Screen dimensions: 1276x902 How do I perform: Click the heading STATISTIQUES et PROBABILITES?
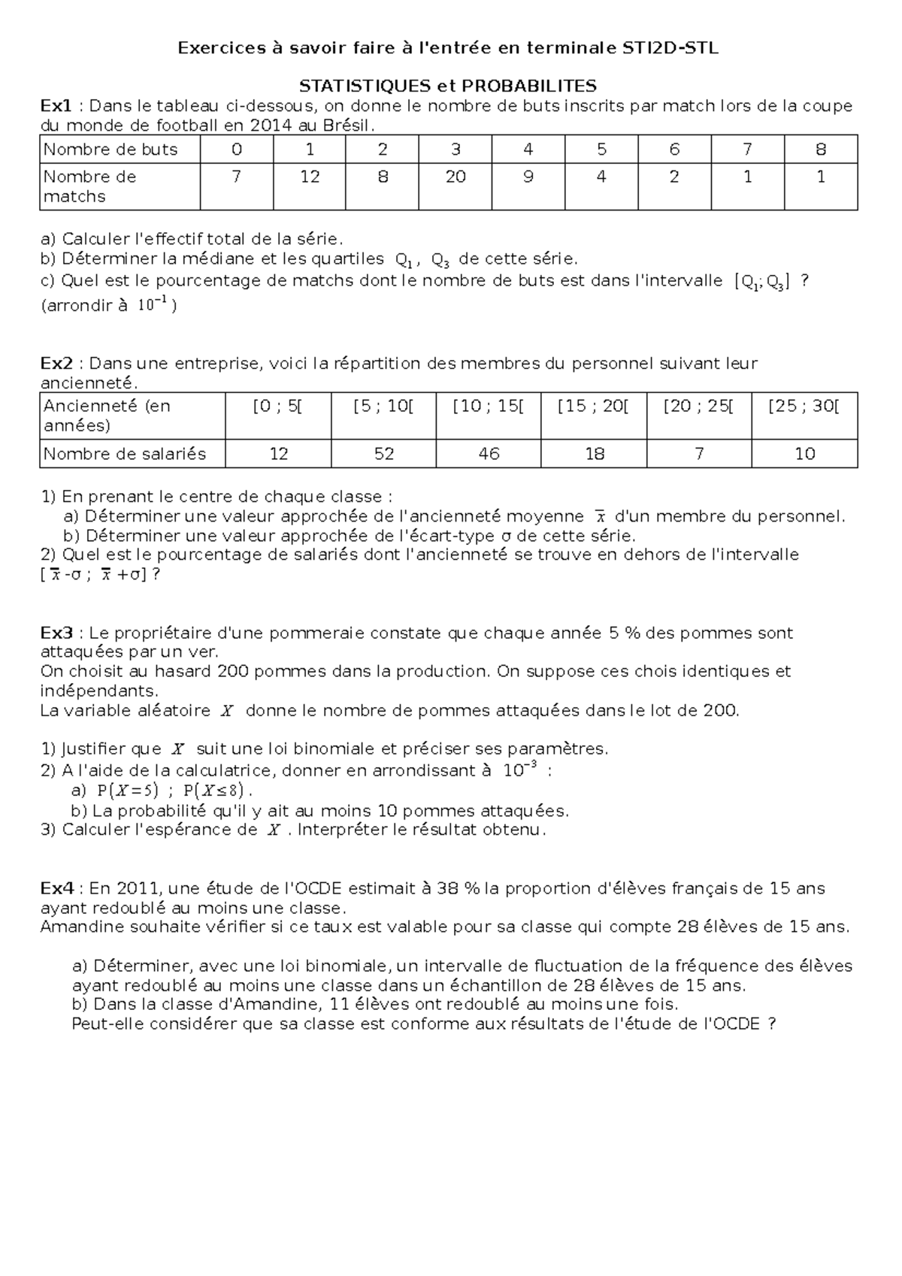click(448, 86)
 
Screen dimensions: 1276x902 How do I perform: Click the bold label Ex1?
click(56, 105)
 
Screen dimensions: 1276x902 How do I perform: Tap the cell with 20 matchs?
click(456, 177)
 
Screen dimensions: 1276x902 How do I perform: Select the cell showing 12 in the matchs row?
click(310, 177)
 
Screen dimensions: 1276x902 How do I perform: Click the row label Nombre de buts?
click(110, 150)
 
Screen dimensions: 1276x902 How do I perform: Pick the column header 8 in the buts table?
click(820, 150)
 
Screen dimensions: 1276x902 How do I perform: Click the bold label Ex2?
click(56, 364)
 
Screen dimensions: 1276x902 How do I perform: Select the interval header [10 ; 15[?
click(489, 407)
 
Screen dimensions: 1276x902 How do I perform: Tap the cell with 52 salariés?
click(383, 454)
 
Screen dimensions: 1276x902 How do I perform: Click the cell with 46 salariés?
click(489, 454)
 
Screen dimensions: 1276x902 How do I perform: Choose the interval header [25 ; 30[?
click(804, 407)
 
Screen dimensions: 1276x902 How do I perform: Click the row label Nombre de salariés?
click(124, 454)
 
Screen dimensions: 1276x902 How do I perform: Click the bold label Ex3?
click(56, 633)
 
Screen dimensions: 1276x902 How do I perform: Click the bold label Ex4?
click(56, 888)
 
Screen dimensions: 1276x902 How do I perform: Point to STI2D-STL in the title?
click(670, 49)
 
